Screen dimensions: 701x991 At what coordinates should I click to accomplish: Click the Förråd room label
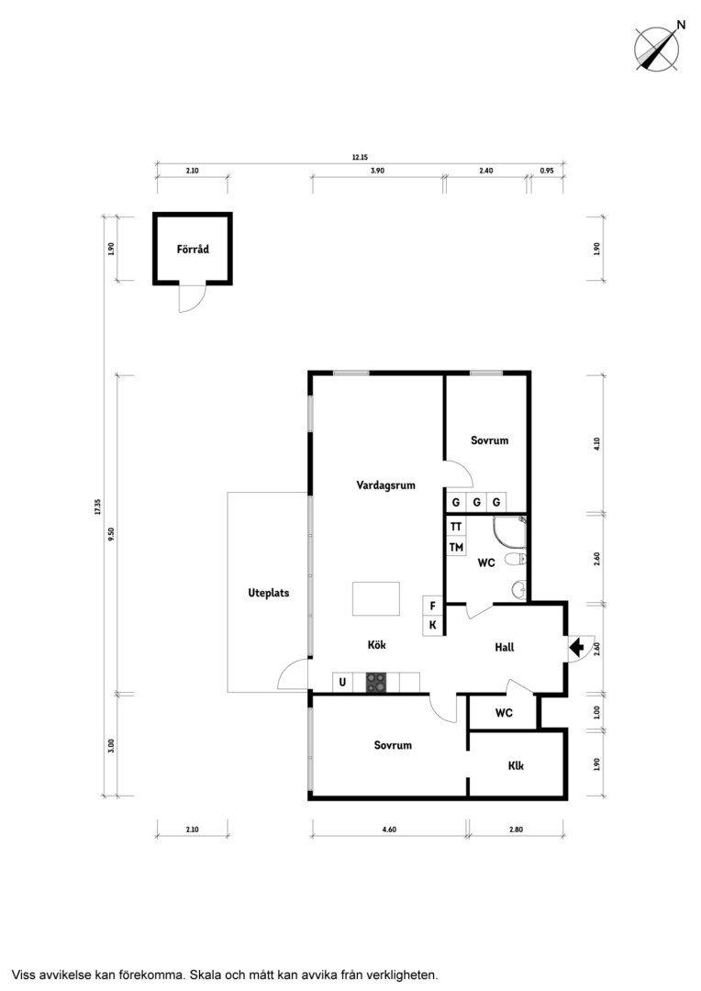(x=193, y=249)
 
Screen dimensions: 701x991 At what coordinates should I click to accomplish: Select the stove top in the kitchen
(x=376, y=682)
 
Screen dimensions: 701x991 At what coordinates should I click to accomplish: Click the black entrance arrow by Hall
(x=576, y=647)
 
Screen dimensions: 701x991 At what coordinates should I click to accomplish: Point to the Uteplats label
(x=269, y=593)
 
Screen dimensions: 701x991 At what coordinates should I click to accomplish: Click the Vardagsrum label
(x=385, y=485)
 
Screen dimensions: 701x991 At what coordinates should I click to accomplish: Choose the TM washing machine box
(x=456, y=547)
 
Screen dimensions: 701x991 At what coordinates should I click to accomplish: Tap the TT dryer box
(x=456, y=527)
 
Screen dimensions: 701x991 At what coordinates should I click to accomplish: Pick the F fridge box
(x=433, y=606)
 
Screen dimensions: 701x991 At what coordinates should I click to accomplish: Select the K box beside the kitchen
(x=433, y=626)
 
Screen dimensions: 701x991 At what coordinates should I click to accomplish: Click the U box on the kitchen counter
(x=342, y=683)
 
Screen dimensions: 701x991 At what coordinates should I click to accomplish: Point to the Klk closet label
(x=516, y=766)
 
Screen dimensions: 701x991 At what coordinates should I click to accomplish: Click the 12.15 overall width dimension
(x=360, y=158)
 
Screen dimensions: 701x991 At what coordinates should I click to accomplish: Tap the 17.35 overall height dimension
(x=97, y=507)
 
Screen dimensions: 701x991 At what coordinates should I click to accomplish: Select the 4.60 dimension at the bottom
(x=389, y=830)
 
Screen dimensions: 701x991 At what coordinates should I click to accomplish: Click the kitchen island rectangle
(x=376, y=598)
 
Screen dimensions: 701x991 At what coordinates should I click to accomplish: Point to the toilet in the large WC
(x=518, y=560)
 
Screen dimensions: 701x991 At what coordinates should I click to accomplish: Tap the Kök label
(x=377, y=645)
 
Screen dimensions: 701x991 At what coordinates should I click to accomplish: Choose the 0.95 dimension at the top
(x=547, y=171)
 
